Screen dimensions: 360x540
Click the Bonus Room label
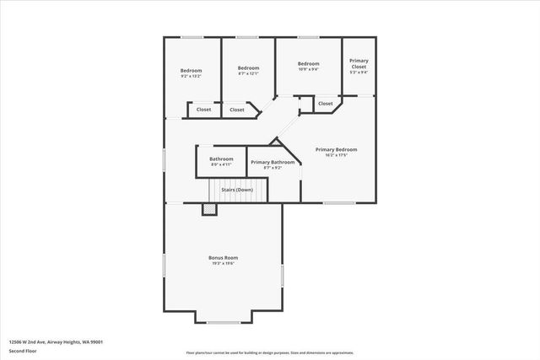(x=224, y=257)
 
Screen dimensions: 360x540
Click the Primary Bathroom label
(x=273, y=162)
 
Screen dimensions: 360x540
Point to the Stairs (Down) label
(x=237, y=190)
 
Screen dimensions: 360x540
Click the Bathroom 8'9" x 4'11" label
(x=221, y=159)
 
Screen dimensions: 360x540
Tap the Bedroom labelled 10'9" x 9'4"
(x=308, y=64)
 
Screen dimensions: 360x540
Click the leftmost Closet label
(x=203, y=110)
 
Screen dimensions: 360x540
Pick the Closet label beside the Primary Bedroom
(x=325, y=103)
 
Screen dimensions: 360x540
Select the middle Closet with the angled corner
(x=237, y=110)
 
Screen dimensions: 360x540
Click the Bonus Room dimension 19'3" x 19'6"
(x=224, y=263)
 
